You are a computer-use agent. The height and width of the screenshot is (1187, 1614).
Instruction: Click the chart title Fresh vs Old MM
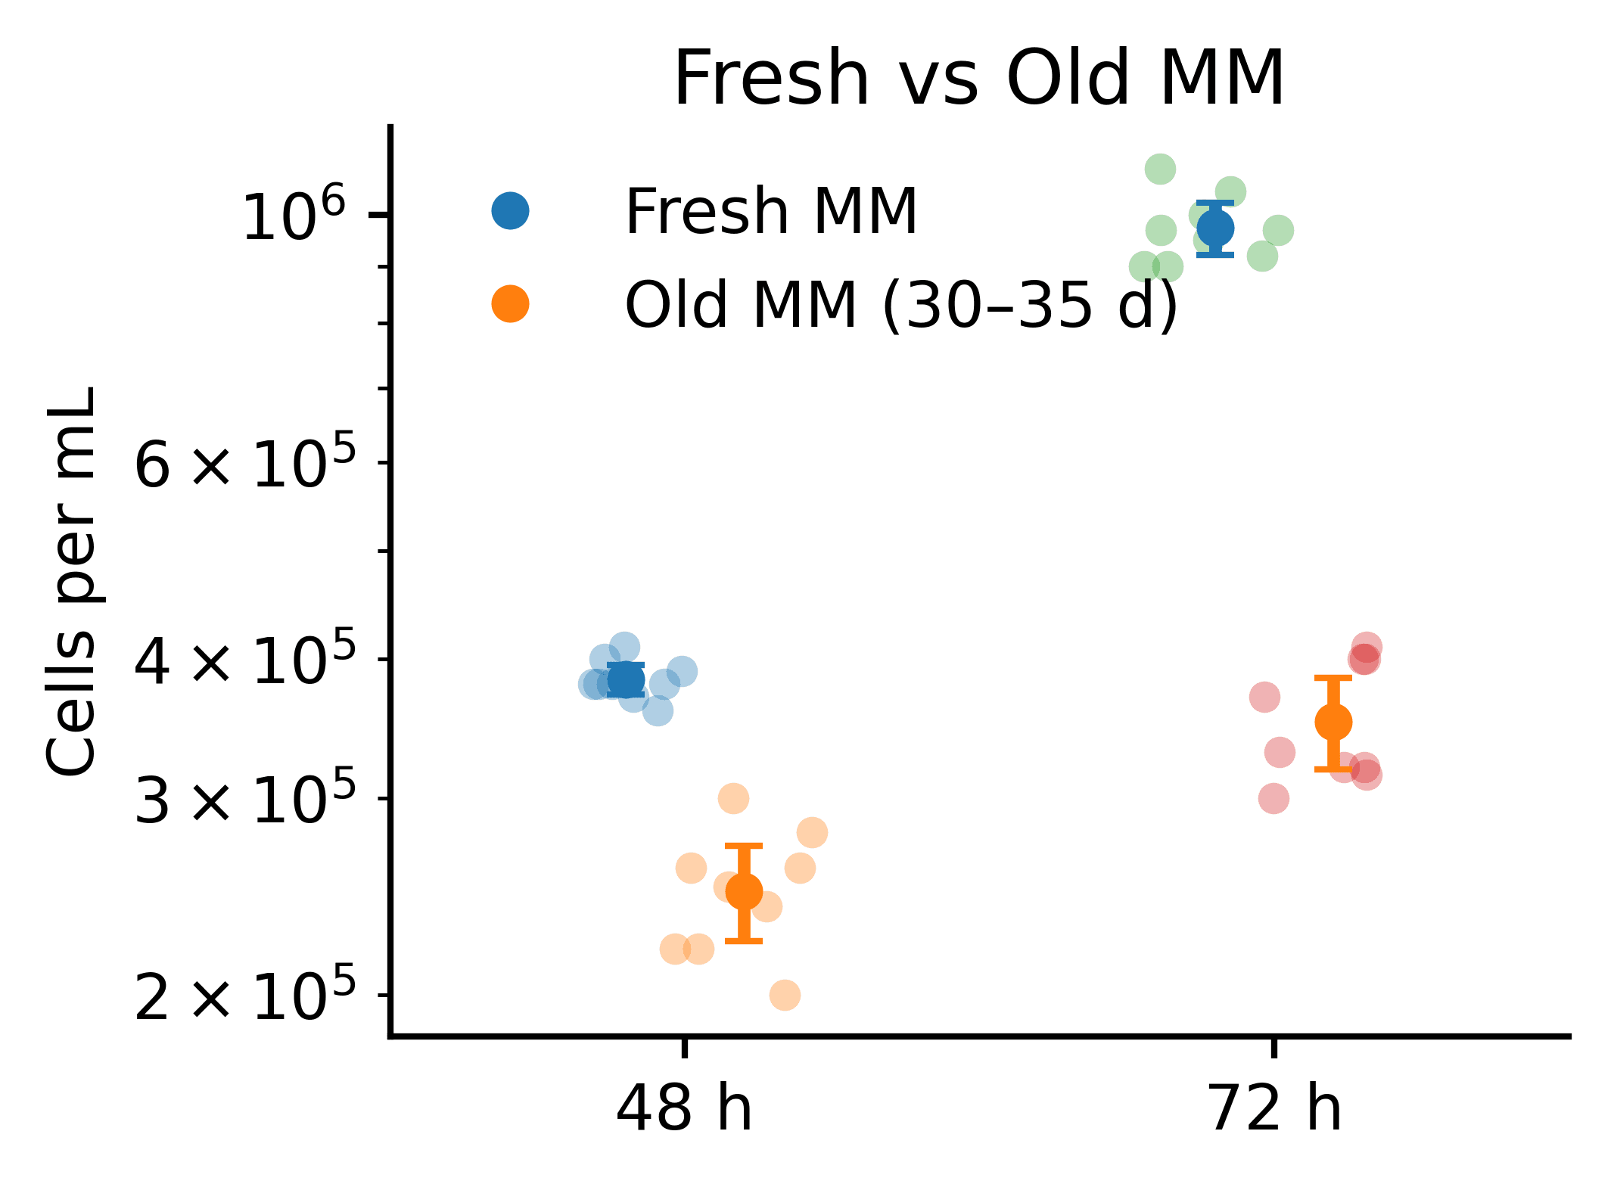pyautogui.click(x=979, y=79)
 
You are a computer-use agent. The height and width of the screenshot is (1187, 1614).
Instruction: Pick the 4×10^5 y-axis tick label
pyautogui.click(x=244, y=660)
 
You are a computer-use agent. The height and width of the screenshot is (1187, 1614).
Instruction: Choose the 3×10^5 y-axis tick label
pyautogui.click(x=244, y=799)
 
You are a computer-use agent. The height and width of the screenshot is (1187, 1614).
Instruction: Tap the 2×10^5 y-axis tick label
pyautogui.click(x=244, y=996)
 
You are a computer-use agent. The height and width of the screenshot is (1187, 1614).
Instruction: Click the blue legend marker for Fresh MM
pyautogui.click(x=511, y=211)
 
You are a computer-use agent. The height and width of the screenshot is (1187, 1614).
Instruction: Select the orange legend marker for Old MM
pyautogui.click(x=511, y=304)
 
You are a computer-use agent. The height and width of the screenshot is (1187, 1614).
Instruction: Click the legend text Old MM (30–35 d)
pyautogui.click(x=901, y=305)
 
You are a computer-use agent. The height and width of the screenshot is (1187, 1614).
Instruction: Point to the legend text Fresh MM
pyautogui.click(x=771, y=212)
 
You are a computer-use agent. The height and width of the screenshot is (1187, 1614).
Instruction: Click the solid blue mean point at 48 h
pyautogui.click(x=626, y=680)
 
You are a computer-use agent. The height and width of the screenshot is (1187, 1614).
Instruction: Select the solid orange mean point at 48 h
pyautogui.click(x=744, y=892)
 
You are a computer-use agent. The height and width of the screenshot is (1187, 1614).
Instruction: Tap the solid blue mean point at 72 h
pyautogui.click(x=1215, y=228)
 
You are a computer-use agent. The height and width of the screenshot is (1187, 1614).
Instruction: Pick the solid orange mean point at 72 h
pyautogui.click(x=1333, y=722)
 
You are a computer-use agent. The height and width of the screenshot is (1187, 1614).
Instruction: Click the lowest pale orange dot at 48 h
pyautogui.click(x=785, y=995)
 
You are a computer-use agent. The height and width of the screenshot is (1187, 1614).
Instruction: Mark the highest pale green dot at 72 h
pyautogui.click(x=1160, y=169)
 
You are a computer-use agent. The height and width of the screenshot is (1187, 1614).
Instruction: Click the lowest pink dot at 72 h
pyautogui.click(x=1274, y=798)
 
